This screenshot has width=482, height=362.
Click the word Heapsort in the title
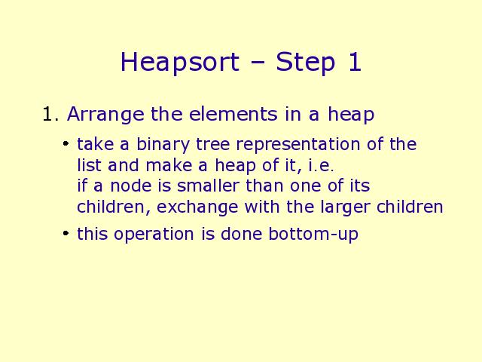180,63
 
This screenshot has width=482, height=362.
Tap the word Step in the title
305,63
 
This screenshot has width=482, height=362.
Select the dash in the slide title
258,63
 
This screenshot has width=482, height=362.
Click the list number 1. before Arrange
50,114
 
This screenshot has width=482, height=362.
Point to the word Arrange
105,115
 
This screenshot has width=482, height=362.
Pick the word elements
233,114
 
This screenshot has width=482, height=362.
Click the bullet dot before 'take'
66,143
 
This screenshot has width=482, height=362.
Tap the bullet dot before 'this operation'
66,233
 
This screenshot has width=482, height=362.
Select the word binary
163,145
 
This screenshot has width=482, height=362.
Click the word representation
297,145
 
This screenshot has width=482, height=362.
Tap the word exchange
197,207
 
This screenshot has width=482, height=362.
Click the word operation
154,235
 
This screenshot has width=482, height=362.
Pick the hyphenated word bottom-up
313,235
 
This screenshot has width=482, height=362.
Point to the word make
169,165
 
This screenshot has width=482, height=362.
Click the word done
241,234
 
